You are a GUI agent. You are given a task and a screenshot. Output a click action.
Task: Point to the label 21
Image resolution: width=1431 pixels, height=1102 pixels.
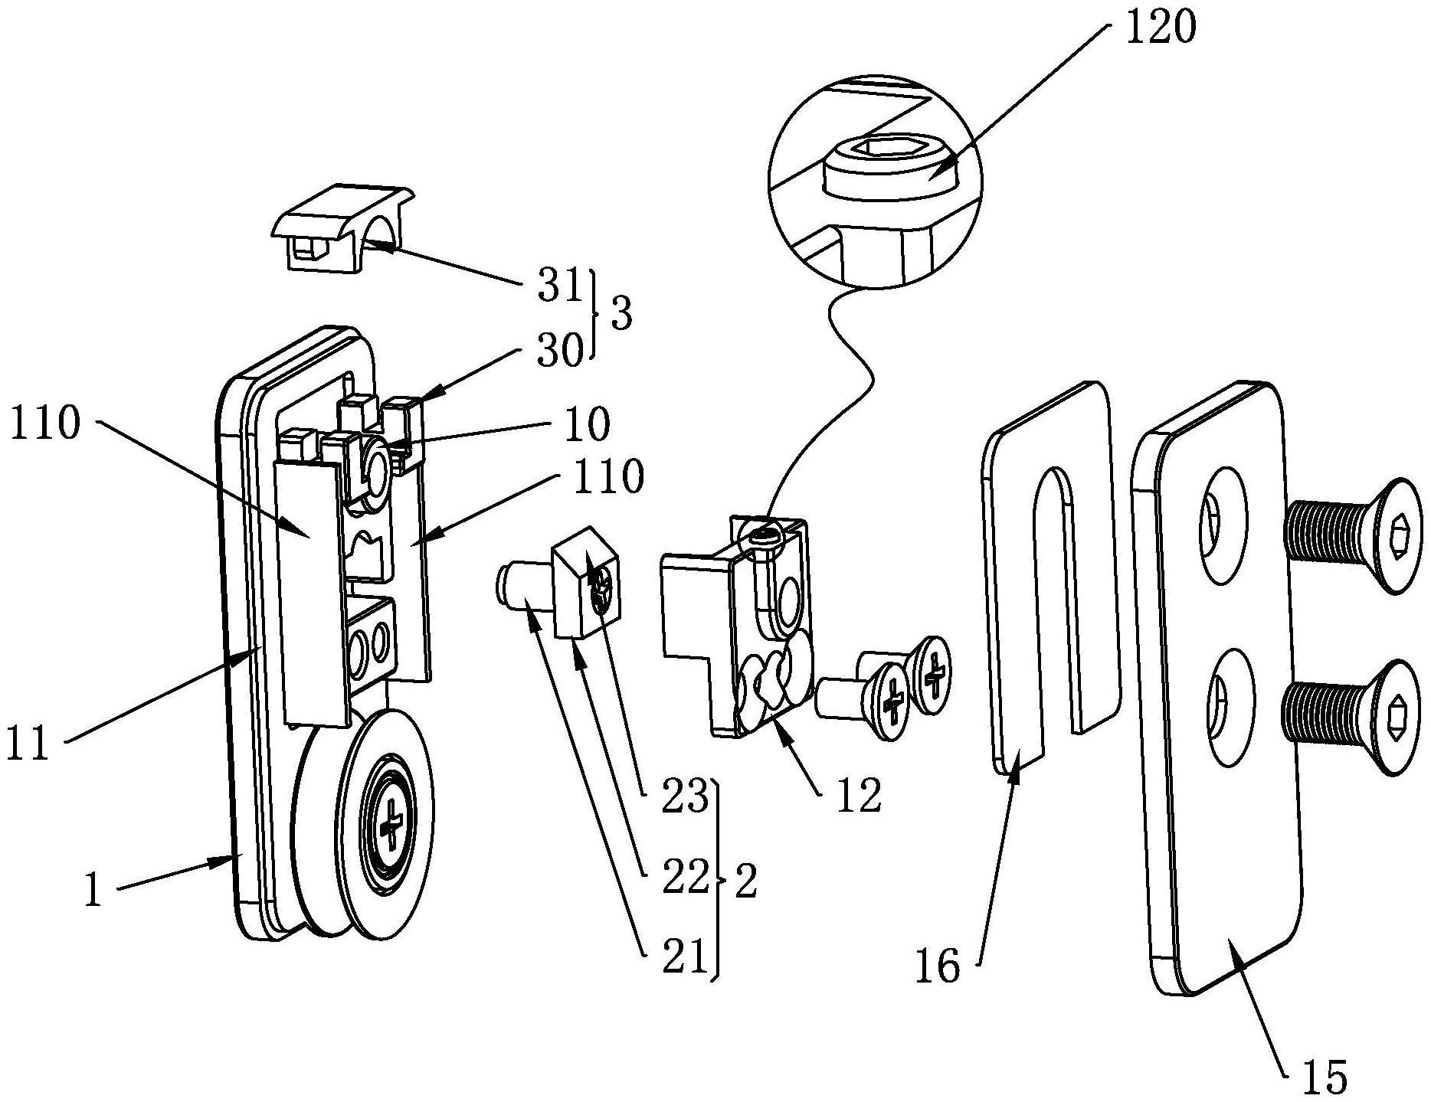tap(684, 959)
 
